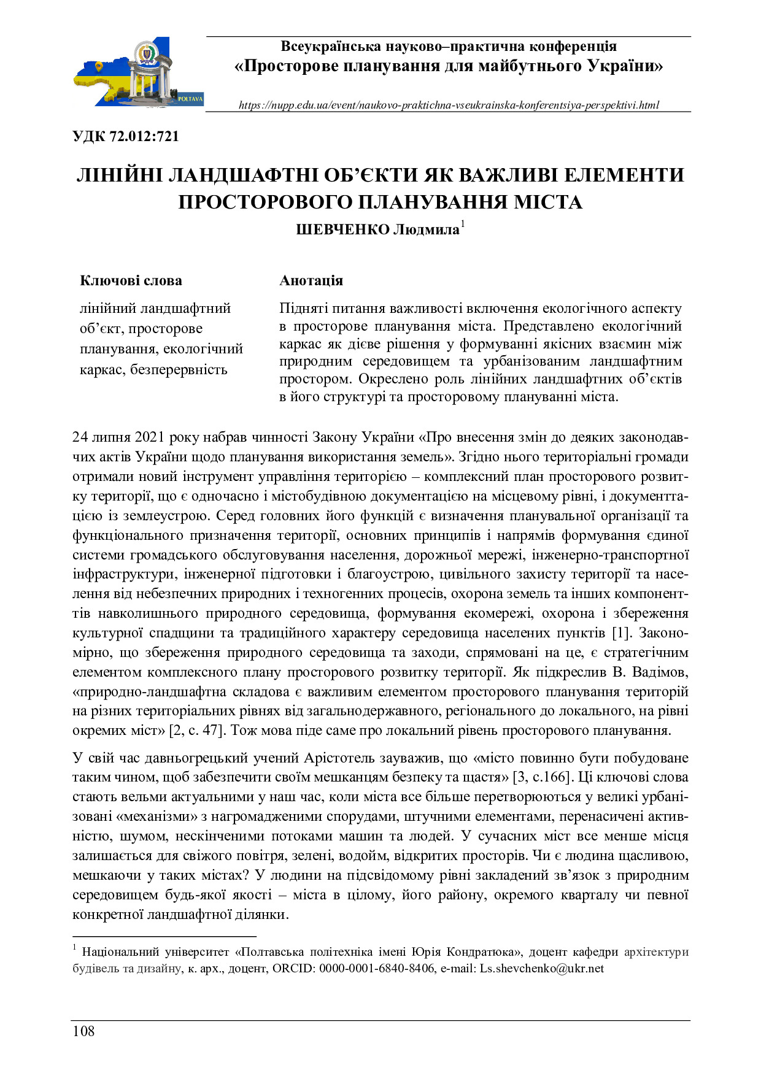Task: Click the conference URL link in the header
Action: pos(449,105)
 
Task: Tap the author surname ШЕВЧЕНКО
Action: pos(342,230)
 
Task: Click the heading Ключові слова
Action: pos(131,281)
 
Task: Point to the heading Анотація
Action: pos(311,281)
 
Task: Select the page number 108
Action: pos(83,1031)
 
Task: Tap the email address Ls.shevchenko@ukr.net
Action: pos(542,969)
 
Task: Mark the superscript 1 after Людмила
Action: pos(463,225)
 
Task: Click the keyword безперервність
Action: pos(179,369)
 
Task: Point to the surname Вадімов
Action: pos(661,672)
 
